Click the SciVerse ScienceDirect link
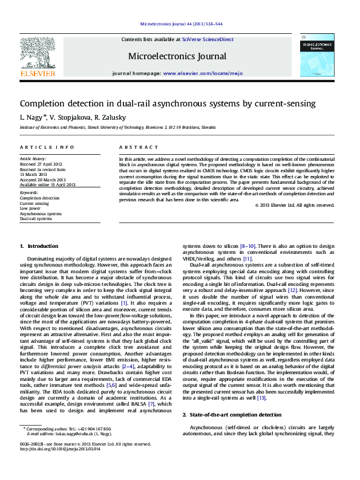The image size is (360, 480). [x=212, y=39]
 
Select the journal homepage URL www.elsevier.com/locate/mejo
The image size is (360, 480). [x=203, y=73]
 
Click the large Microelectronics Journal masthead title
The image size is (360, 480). [x=177, y=56]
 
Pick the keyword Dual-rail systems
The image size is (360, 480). [x=36, y=218]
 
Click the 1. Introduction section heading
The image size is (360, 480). [x=39, y=246]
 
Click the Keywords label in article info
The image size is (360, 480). [x=29, y=193]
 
